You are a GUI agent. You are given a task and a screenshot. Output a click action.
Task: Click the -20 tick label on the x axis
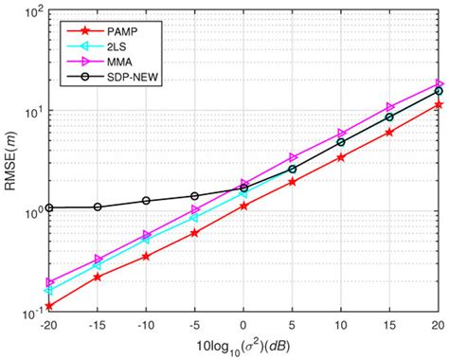point(47,324)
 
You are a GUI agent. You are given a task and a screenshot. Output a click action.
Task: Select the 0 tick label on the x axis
point(243,324)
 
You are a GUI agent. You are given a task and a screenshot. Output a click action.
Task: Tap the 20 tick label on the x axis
point(438,324)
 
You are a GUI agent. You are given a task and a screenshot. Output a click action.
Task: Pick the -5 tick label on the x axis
point(194,324)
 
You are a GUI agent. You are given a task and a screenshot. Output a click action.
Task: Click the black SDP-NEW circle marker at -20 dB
point(48,207)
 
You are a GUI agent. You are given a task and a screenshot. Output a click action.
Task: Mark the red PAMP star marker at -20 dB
point(48,306)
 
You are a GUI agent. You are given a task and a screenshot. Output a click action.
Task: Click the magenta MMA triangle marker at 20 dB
point(439,83)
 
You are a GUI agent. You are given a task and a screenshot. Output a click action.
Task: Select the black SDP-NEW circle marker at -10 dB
point(146,201)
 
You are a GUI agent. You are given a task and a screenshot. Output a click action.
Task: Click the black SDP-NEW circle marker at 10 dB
point(341,142)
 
